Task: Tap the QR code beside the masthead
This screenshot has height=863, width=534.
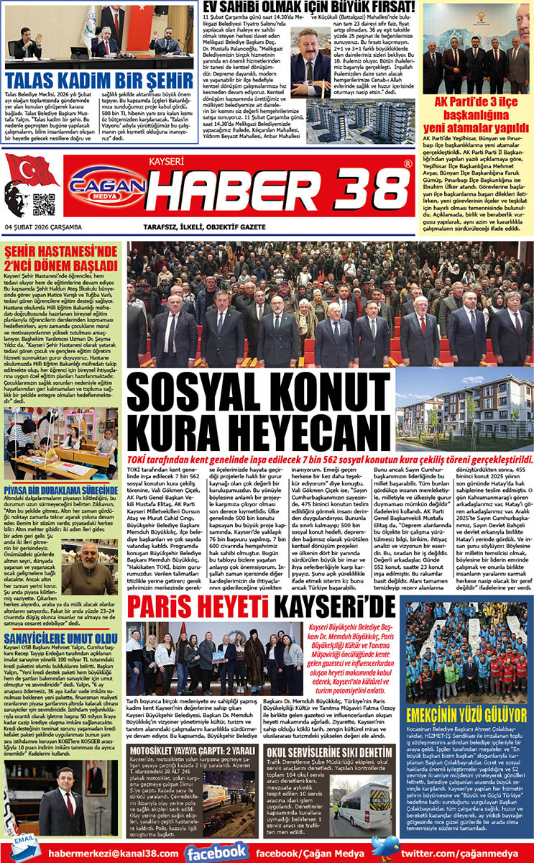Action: coord(43,204)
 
